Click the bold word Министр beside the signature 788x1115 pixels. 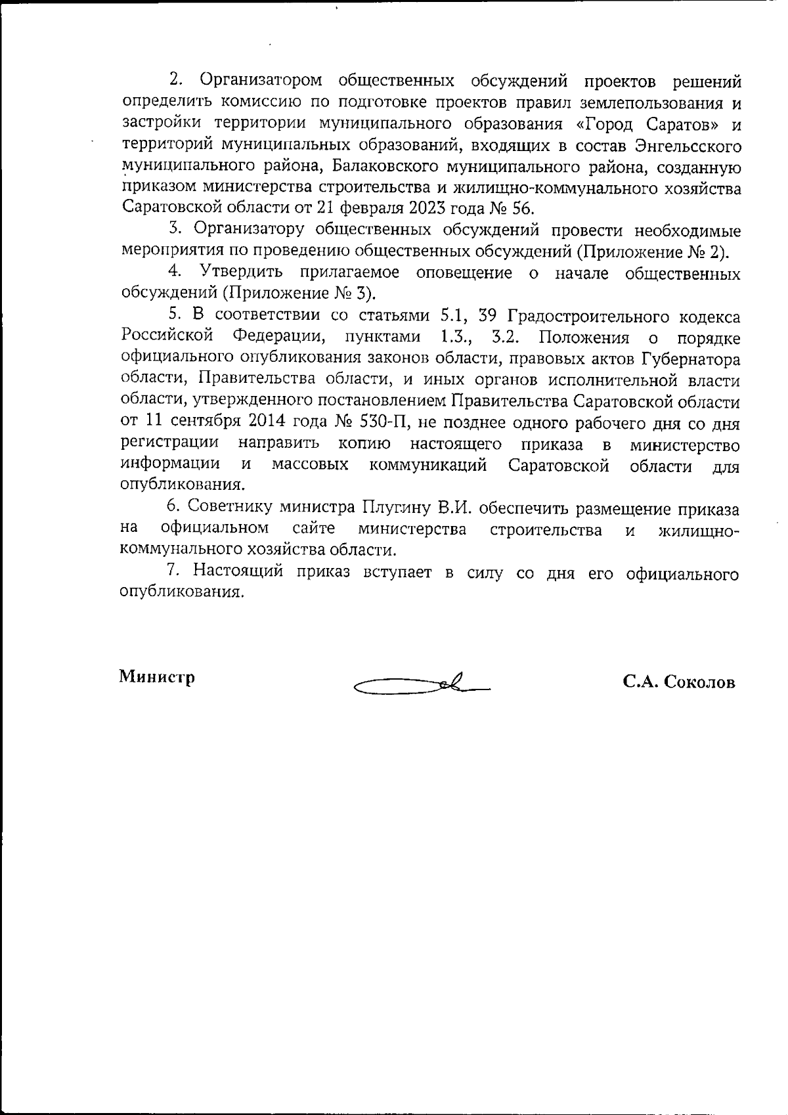[157, 677]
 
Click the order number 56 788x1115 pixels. [521, 210]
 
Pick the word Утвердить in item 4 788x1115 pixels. [241, 273]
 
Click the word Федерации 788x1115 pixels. [279, 338]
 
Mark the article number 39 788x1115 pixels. [488, 317]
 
